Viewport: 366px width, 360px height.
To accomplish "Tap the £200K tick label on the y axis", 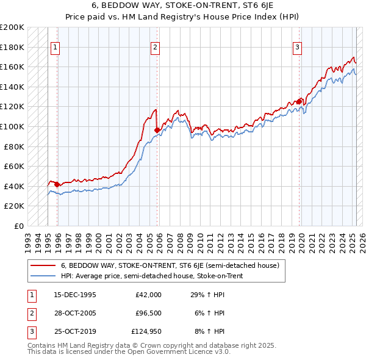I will pos(13,27).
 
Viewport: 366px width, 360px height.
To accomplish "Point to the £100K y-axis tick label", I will pos(13,126).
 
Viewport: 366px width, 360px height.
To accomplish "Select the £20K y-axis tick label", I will pos(15,206).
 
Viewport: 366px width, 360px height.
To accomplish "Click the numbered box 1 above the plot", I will pos(56,47).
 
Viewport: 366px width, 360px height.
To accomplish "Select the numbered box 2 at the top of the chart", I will pos(156,47).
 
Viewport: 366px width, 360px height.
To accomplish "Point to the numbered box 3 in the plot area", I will pos(297,47).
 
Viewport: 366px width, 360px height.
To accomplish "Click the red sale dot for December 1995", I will pos(57,184).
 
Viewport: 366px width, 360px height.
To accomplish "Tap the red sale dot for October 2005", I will pos(157,130).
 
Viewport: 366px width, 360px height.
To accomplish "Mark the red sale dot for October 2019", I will pos(300,102).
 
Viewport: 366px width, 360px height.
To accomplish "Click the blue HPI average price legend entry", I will pos(152,276).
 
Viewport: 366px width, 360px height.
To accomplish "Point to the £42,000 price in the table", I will pos(148,295).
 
